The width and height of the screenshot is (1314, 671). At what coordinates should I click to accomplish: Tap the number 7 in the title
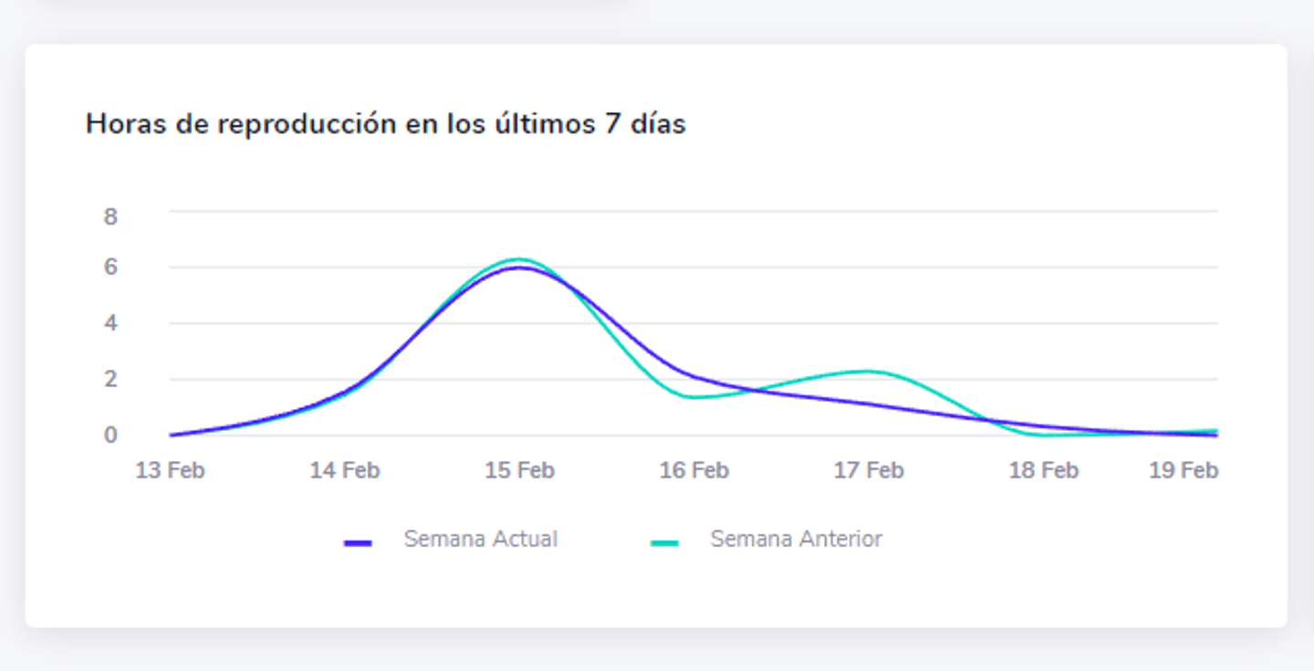[612, 124]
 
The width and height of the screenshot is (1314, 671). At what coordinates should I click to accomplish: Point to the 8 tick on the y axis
[110, 216]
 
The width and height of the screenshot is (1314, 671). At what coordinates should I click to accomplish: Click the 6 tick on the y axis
[110, 267]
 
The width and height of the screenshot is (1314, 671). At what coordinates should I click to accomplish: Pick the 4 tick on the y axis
[110, 323]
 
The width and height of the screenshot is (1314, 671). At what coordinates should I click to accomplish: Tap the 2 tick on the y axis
[110, 379]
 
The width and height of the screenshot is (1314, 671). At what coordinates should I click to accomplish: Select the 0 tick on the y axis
[110, 435]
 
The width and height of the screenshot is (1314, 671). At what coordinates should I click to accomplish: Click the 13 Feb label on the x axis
[170, 470]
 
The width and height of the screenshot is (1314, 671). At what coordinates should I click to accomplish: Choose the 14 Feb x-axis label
[344, 470]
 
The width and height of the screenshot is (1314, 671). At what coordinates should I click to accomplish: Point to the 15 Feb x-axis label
[519, 470]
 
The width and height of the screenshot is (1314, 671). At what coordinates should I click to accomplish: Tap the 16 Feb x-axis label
[693, 470]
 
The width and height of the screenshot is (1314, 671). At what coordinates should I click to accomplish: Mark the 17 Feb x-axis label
[869, 470]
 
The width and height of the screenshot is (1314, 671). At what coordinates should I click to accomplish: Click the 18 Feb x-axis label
[1043, 470]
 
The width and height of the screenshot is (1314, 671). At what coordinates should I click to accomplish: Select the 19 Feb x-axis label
[1184, 470]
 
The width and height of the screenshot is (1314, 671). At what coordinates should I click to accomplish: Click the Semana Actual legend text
[480, 540]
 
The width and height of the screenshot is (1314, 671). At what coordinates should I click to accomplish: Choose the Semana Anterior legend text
[796, 540]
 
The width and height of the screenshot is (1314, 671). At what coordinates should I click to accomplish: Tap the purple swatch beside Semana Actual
[358, 543]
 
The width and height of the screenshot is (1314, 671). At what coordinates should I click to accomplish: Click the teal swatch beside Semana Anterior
[664, 543]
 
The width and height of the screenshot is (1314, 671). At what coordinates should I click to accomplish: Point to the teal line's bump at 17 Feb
[869, 371]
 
